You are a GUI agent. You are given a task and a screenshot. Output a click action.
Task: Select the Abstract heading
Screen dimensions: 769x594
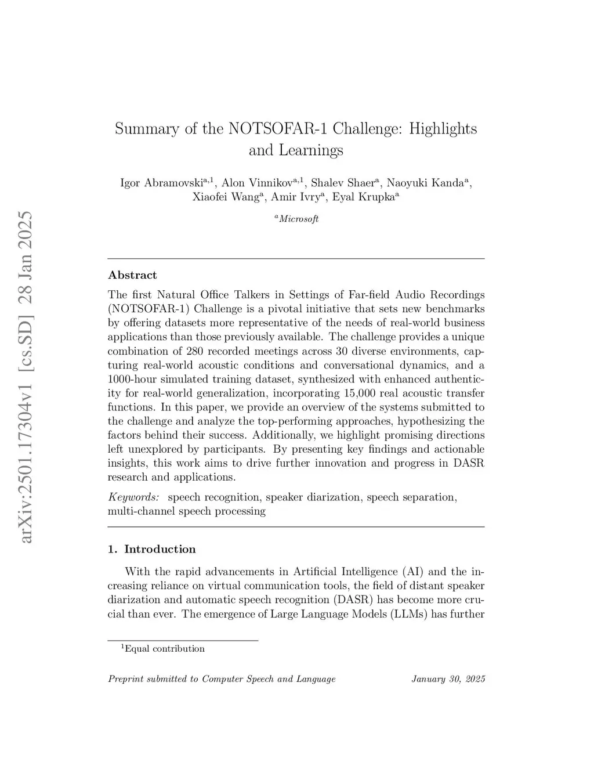(132, 275)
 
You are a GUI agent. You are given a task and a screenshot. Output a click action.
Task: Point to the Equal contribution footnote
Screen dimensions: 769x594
(164, 649)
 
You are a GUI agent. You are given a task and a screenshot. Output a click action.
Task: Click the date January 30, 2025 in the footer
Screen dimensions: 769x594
(448, 679)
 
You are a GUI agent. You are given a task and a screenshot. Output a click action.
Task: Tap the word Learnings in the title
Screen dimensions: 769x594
(311, 150)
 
